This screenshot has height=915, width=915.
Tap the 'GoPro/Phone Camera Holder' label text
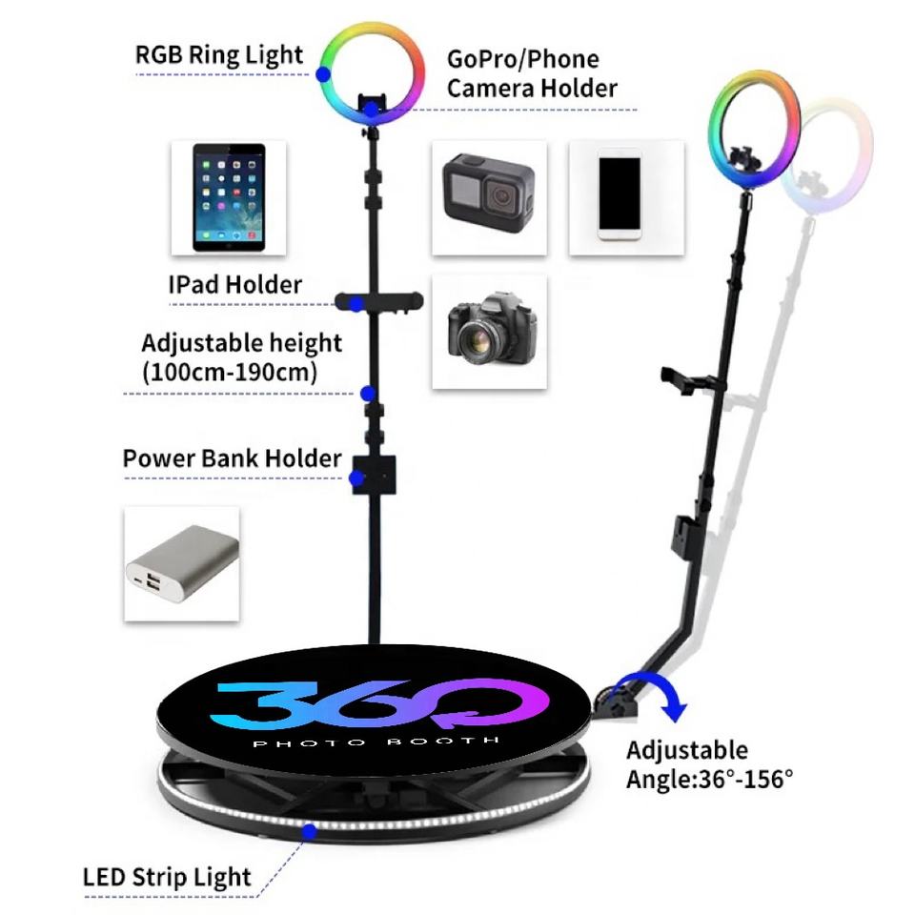pyautogui.click(x=531, y=73)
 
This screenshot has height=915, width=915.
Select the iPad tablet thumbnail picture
pyautogui.click(x=230, y=197)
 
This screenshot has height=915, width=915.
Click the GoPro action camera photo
pyautogui.click(x=489, y=196)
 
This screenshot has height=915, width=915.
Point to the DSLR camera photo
pyautogui.click(x=489, y=331)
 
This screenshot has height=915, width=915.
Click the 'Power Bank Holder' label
pyautogui.click(x=232, y=458)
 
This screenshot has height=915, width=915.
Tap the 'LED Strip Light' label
pyautogui.click(x=167, y=877)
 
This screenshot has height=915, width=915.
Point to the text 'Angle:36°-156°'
pyautogui.click(x=709, y=779)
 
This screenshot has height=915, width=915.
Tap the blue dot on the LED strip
pyautogui.click(x=309, y=832)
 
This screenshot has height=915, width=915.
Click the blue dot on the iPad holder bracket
pyautogui.click(x=356, y=304)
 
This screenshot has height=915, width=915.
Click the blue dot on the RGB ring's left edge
pyautogui.click(x=324, y=72)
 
